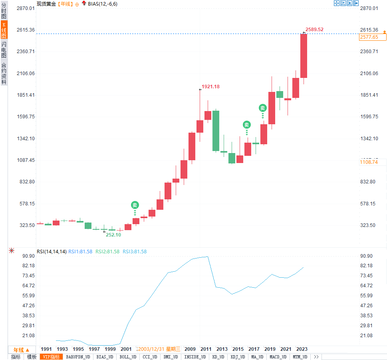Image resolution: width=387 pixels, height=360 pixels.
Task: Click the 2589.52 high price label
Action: pyautogui.click(x=314, y=29)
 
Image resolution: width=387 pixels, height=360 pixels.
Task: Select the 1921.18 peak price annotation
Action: pyautogui.click(x=210, y=86)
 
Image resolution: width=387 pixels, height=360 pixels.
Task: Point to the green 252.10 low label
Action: pyautogui.click(x=113, y=235)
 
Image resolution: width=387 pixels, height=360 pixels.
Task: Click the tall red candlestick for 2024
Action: pyautogui.click(x=304, y=56)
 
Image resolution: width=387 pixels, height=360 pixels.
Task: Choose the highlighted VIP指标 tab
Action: pyautogui.click(x=51, y=357)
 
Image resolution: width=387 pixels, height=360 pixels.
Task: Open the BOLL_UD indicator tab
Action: pyautogui.click(x=128, y=357)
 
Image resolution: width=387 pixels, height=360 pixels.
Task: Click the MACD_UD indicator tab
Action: pyautogui.click(x=278, y=357)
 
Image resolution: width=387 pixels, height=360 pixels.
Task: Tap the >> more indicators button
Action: pyautogui.click(x=316, y=357)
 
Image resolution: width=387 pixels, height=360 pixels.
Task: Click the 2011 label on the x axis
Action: pyautogui.click(x=206, y=349)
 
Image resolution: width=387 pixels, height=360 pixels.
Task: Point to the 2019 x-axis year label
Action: pyautogui.click(x=270, y=349)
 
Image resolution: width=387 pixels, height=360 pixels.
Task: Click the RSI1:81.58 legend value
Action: pyautogui.click(x=80, y=251)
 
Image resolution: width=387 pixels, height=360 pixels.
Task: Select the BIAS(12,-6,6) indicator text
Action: pyautogui.click(x=103, y=4)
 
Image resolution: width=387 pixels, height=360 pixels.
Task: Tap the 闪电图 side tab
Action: pyautogui.click(x=4, y=50)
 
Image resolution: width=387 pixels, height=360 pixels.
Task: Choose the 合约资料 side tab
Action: pyautogui.click(x=4, y=74)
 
